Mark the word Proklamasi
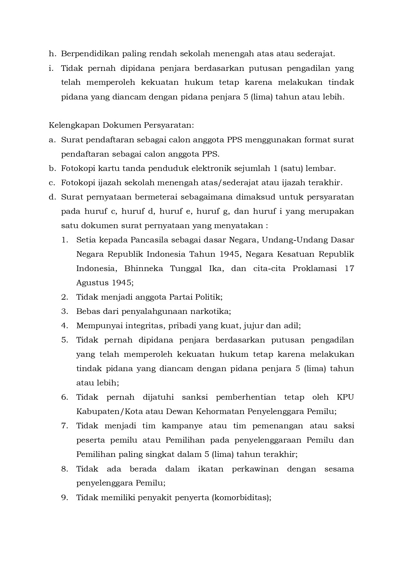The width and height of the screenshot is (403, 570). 314,268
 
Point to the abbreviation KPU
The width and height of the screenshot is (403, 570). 345,397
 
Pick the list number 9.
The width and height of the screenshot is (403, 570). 64,498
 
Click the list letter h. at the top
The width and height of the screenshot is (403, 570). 52,54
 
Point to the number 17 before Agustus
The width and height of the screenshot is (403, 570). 349,268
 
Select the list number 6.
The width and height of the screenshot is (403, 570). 64,397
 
